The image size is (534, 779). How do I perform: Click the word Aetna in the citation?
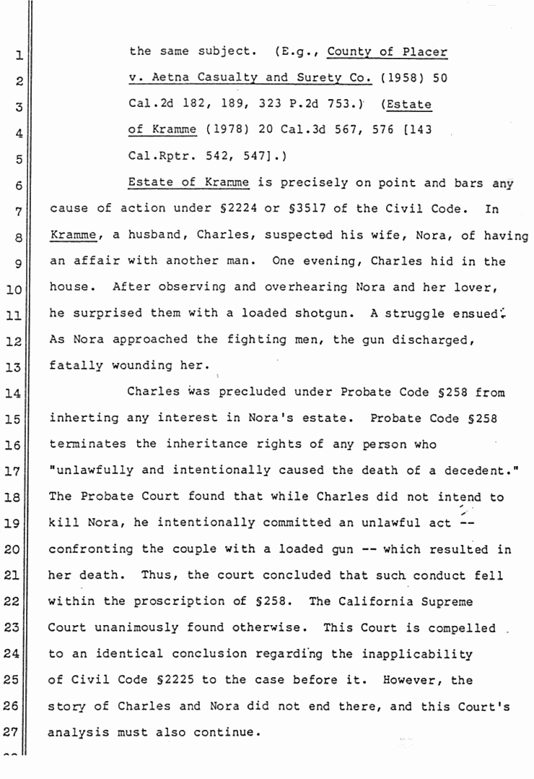tap(159, 78)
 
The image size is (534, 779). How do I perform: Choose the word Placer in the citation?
tap(425, 52)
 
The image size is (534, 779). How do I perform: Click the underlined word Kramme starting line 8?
tap(73, 236)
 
